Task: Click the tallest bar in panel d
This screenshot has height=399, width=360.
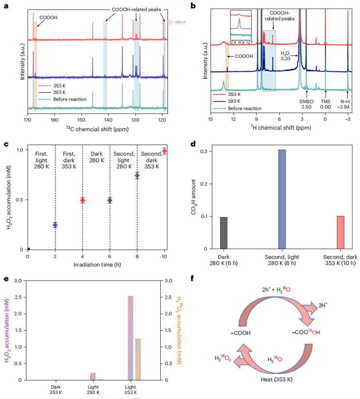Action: (x=282, y=199)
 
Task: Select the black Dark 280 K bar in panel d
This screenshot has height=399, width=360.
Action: (x=224, y=233)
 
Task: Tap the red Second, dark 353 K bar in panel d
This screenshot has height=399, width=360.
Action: (x=340, y=232)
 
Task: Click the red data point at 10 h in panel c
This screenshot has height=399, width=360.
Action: (x=164, y=151)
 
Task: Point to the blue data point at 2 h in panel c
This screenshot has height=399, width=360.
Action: (x=55, y=225)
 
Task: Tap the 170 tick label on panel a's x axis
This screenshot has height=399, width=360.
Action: (x=28, y=120)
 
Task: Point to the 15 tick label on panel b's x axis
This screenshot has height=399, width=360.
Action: (x=210, y=120)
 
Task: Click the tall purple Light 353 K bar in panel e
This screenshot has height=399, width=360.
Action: (x=130, y=338)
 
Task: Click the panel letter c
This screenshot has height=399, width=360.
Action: (x=6, y=144)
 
